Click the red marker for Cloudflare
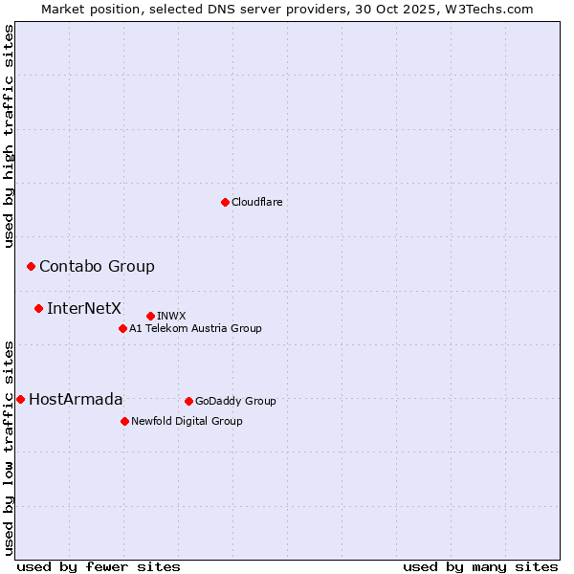click(x=225, y=202)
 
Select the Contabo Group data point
click(x=31, y=266)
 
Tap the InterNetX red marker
click(x=38, y=308)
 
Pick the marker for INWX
click(x=150, y=316)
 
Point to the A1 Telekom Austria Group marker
click(x=122, y=328)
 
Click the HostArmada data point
click(x=20, y=399)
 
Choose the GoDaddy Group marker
click(x=188, y=401)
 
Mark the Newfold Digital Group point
click(x=124, y=421)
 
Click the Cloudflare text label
click(x=256, y=202)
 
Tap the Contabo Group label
click(x=97, y=266)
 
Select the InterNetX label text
click(x=84, y=308)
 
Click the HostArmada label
click(x=76, y=399)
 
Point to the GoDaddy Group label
click(x=235, y=401)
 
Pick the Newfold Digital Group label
click(x=187, y=421)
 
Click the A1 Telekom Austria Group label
click(x=195, y=328)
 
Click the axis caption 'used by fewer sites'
click(x=99, y=566)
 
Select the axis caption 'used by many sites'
click(x=480, y=566)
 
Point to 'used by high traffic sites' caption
click(x=10, y=136)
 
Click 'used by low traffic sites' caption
click(x=10, y=447)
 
